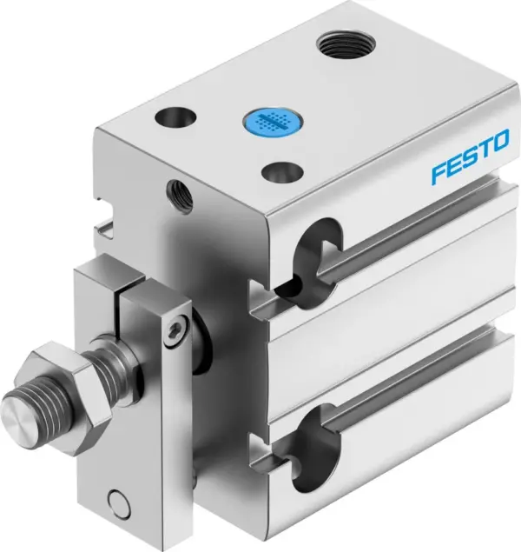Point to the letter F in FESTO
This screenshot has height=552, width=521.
[x=439, y=174]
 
